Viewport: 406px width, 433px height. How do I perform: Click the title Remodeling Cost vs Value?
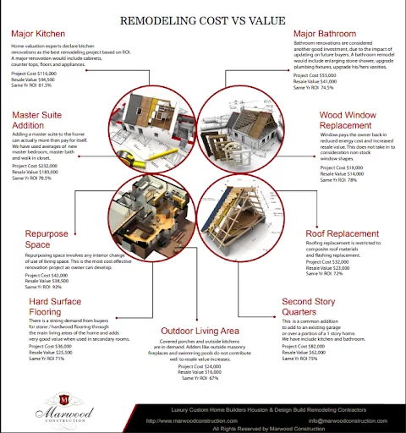202,19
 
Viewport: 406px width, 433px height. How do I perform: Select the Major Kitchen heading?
40,34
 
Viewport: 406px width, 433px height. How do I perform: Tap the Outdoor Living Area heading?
201,331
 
